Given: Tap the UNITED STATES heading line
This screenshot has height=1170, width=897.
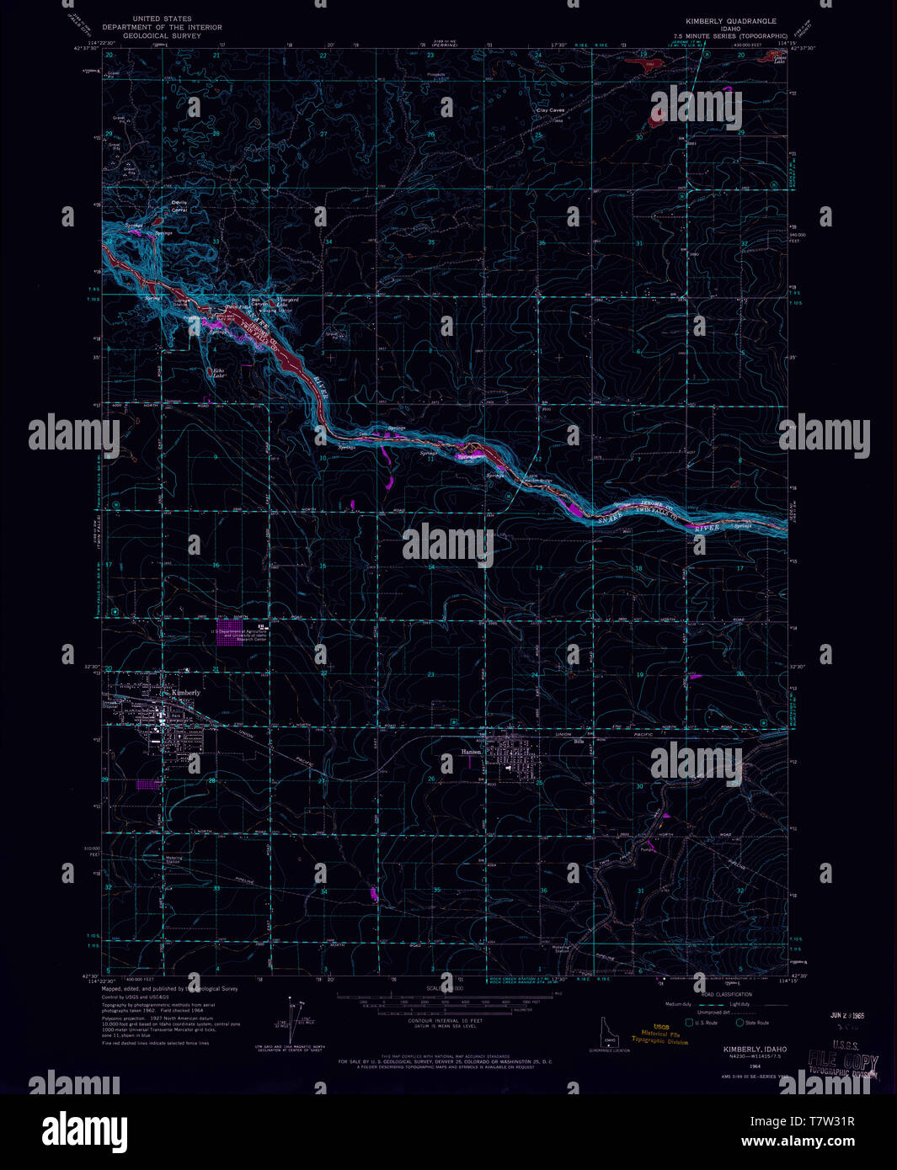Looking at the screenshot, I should tap(163, 19).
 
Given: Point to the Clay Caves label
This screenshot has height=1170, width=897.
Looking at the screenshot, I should tap(552, 109).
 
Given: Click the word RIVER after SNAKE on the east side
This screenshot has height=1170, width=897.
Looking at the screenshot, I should tap(707, 528).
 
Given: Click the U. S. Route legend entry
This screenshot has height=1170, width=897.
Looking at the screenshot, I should tap(705, 1023).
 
